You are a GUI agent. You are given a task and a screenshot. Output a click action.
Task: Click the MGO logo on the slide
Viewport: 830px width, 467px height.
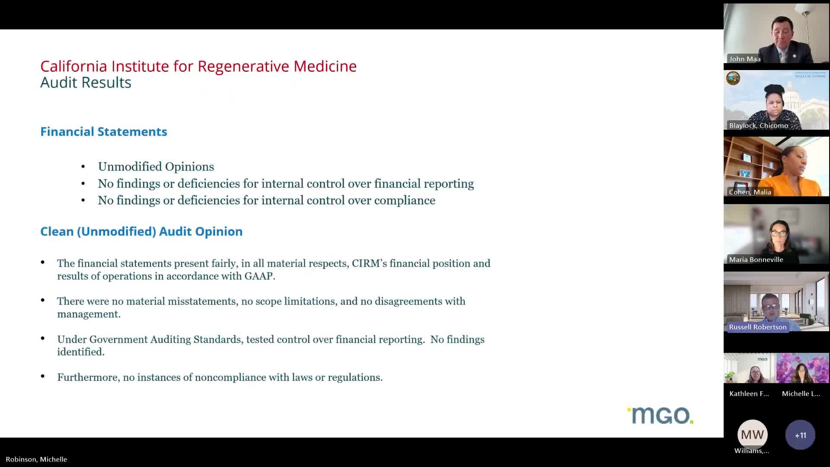pos(660,416)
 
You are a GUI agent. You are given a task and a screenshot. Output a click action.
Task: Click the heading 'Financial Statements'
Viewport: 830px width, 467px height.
pos(103,131)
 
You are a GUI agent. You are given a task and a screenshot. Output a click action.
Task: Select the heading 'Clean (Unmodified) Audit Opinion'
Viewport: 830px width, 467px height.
pos(141,231)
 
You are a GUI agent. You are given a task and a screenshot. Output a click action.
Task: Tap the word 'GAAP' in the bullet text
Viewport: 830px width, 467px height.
pos(259,276)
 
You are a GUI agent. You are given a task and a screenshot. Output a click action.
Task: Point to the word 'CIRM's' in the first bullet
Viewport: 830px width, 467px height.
pos(369,263)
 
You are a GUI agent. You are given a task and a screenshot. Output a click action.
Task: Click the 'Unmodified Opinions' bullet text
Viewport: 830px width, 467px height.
pos(156,166)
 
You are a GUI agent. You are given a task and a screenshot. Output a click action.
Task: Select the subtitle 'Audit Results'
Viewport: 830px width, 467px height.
pos(86,82)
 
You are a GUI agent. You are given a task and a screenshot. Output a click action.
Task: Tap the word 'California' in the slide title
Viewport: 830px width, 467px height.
pos(74,66)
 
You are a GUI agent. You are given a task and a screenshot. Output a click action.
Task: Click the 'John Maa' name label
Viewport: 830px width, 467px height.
pos(744,59)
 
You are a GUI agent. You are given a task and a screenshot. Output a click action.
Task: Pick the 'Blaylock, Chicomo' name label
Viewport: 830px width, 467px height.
pos(758,125)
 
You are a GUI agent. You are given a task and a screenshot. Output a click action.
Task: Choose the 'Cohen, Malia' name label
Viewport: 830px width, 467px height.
pos(750,192)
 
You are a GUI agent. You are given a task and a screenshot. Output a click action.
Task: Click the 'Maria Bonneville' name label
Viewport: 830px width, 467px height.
pos(756,259)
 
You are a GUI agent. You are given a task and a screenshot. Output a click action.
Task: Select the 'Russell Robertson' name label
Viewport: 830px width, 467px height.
pos(757,327)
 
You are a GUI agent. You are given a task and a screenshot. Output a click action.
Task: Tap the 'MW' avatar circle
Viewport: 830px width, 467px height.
pos(752,434)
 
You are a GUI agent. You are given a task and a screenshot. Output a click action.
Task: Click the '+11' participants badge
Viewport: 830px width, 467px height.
pos(800,435)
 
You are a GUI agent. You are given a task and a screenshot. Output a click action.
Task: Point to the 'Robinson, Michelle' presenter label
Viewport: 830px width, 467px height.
pos(36,459)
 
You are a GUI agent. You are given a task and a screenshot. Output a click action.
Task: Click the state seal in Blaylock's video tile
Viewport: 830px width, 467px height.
pos(733,78)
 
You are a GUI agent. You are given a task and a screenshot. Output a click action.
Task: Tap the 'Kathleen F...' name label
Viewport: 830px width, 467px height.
pos(749,393)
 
